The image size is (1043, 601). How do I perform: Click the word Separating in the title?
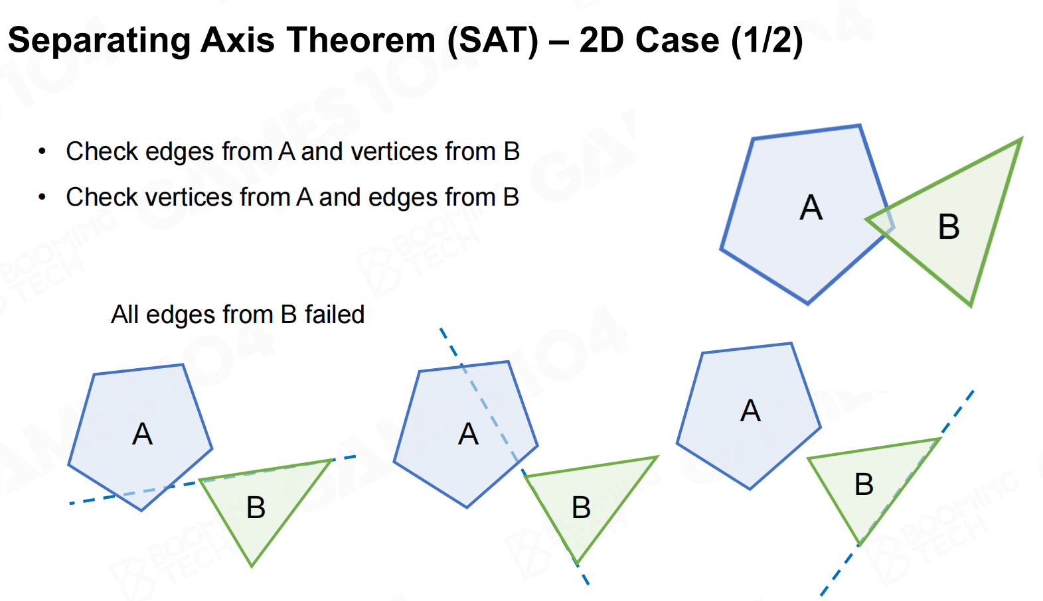(x=100, y=41)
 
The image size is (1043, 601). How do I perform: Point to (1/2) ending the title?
(x=767, y=41)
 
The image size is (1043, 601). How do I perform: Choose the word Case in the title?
(x=677, y=40)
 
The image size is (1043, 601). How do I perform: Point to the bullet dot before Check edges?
(x=42, y=151)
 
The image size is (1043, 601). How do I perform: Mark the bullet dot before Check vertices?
(x=42, y=197)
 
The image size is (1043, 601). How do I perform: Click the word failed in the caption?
(x=335, y=314)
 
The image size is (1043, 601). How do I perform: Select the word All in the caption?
(x=125, y=314)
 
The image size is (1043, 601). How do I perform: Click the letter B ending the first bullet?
(x=511, y=152)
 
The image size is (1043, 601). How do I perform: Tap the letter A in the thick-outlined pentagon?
(x=811, y=208)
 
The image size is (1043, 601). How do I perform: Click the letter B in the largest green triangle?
(x=949, y=227)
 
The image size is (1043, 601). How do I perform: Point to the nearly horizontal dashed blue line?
(x=213, y=480)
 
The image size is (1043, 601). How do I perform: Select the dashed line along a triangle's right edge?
(x=897, y=493)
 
